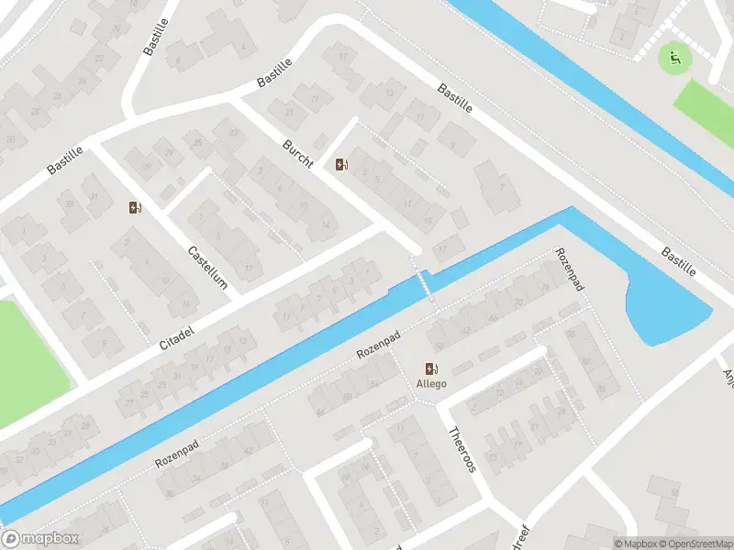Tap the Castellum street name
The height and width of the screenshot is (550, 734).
click(x=207, y=267)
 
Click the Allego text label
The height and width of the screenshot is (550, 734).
click(x=432, y=383)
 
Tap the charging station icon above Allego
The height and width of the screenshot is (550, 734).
click(x=432, y=368)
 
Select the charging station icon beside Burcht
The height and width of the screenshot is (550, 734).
click(x=342, y=165)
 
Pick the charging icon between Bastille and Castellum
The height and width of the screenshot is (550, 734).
click(x=135, y=207)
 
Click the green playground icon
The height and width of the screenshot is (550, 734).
click(x=675, y=60)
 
